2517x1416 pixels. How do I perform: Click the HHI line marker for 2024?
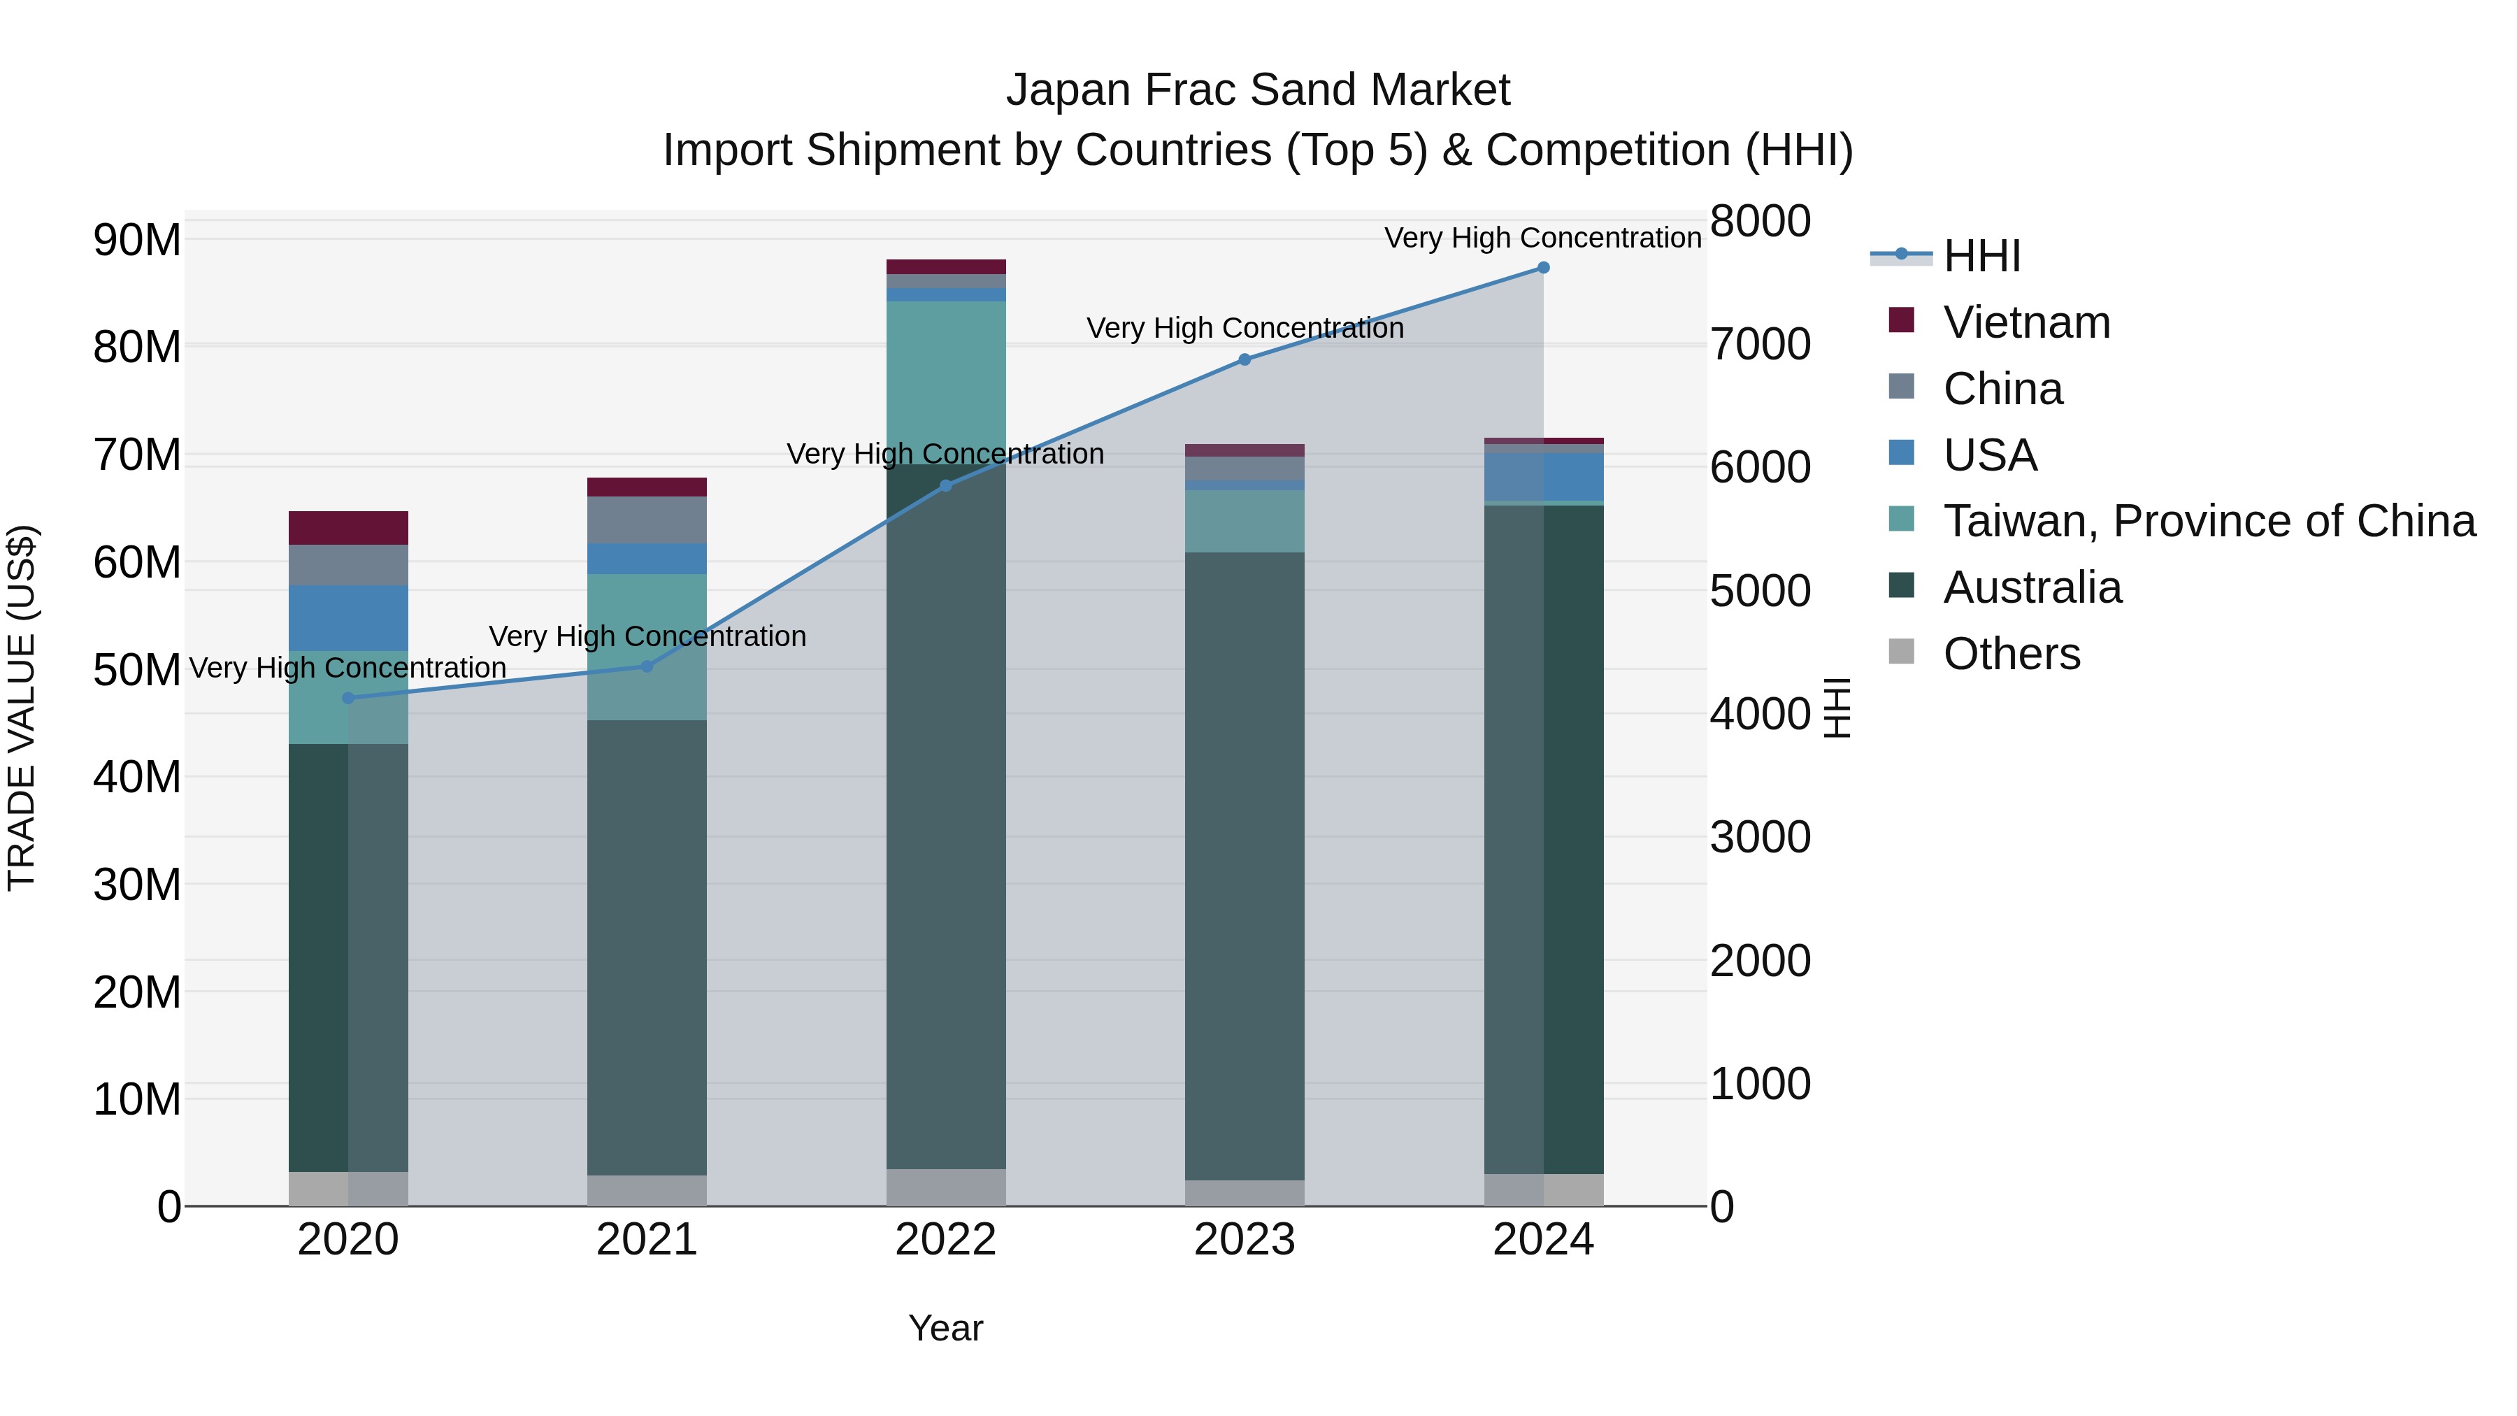[1543, 268]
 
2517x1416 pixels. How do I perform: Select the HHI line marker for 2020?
[348, 698]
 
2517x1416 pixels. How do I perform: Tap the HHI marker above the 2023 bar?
[1244, 359]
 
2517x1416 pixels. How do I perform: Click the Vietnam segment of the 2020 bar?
[348, 528]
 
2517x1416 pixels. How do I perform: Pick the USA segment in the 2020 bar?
[348, 617]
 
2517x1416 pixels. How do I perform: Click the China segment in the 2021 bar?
[646, 519]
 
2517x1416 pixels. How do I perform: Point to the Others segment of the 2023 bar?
[1244, 1192]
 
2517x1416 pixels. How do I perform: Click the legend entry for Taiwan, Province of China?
[2208, 521]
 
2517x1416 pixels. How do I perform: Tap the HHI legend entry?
[1981, 256]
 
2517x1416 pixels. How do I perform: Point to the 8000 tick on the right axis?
[1760, 221]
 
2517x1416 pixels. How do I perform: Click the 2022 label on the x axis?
[945, 1240]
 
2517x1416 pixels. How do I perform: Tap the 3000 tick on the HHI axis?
[1760, 838]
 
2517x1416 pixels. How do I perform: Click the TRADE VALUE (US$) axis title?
[22, 708]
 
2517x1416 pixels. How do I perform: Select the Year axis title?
[945, 1328]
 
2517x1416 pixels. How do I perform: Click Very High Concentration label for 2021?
[647, 636]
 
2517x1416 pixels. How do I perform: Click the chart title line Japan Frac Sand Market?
[1258, 90]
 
